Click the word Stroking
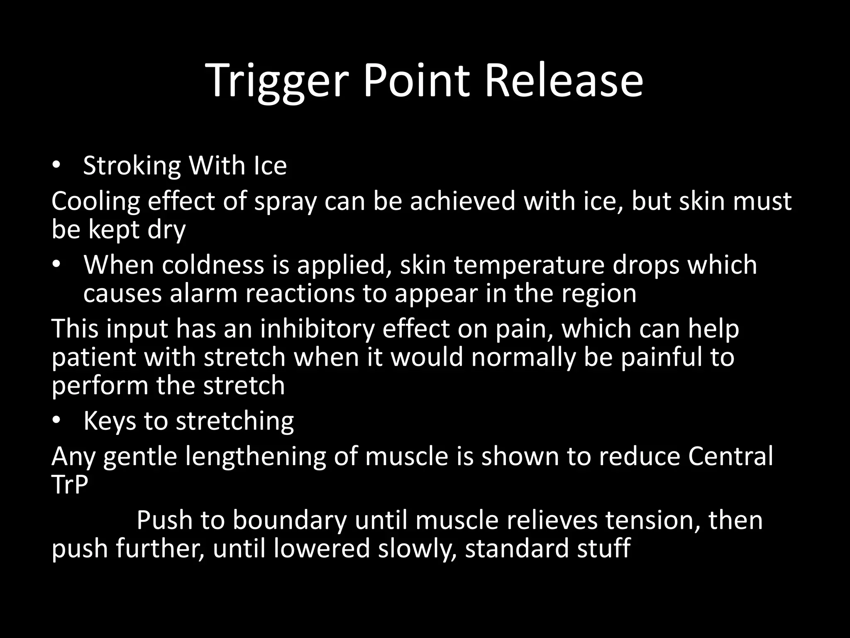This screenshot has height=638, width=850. (x=132, y=166)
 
